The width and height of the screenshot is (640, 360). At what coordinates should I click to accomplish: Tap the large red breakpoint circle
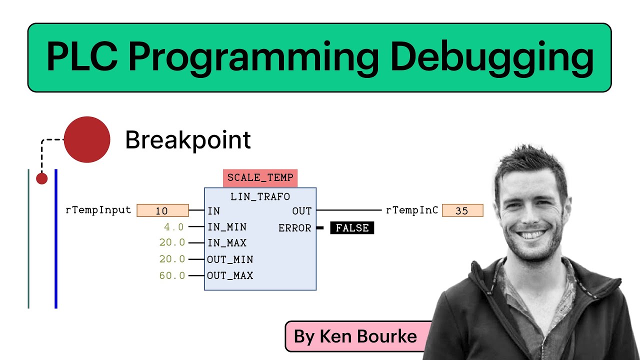87,139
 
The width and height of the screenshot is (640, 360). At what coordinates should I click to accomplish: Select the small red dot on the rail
42,178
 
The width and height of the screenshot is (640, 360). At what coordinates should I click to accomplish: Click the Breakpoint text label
187,140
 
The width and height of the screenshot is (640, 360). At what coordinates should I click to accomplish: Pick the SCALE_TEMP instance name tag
260,177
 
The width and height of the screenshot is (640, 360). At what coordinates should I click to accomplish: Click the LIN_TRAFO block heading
260,196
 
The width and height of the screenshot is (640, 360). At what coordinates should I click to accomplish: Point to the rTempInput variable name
98,210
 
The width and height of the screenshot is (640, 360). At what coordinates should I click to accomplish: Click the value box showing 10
162,210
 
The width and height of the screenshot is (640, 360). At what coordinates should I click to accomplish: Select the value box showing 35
462,210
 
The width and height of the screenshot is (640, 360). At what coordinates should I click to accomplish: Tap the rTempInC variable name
411,210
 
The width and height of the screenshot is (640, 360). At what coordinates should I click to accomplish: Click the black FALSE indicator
352,228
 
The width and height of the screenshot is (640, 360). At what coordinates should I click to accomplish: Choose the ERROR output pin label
294,228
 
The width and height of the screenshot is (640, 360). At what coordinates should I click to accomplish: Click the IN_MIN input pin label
226,227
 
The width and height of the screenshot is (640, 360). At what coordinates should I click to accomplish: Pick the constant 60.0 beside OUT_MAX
172,275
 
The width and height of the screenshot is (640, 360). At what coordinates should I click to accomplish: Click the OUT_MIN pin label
230,259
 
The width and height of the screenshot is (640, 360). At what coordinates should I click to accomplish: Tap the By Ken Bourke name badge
355,336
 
